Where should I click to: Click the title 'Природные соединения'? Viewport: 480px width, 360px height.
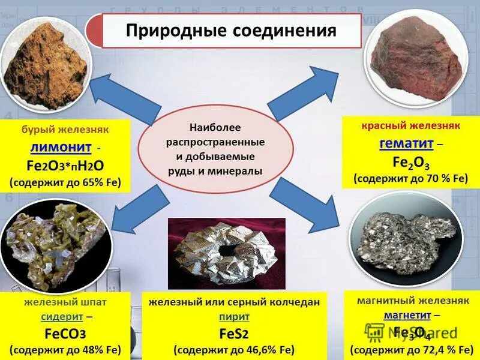tap(231, 31)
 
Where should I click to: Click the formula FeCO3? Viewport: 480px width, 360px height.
tap(65, 333)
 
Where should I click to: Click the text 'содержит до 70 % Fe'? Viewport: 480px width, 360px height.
tap(409, 179)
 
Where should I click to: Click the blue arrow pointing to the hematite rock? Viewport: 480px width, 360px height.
tap(296, 94)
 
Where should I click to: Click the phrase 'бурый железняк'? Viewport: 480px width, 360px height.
tap(65, 130)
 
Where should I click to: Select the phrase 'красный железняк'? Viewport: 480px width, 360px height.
tap(410, 126)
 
